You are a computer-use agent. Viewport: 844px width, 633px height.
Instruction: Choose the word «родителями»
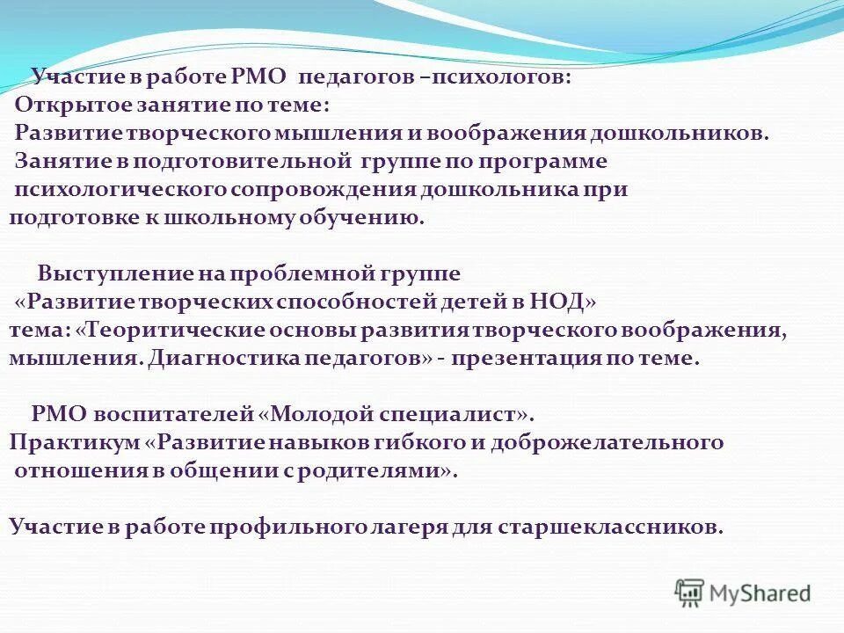tap(380, 470)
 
